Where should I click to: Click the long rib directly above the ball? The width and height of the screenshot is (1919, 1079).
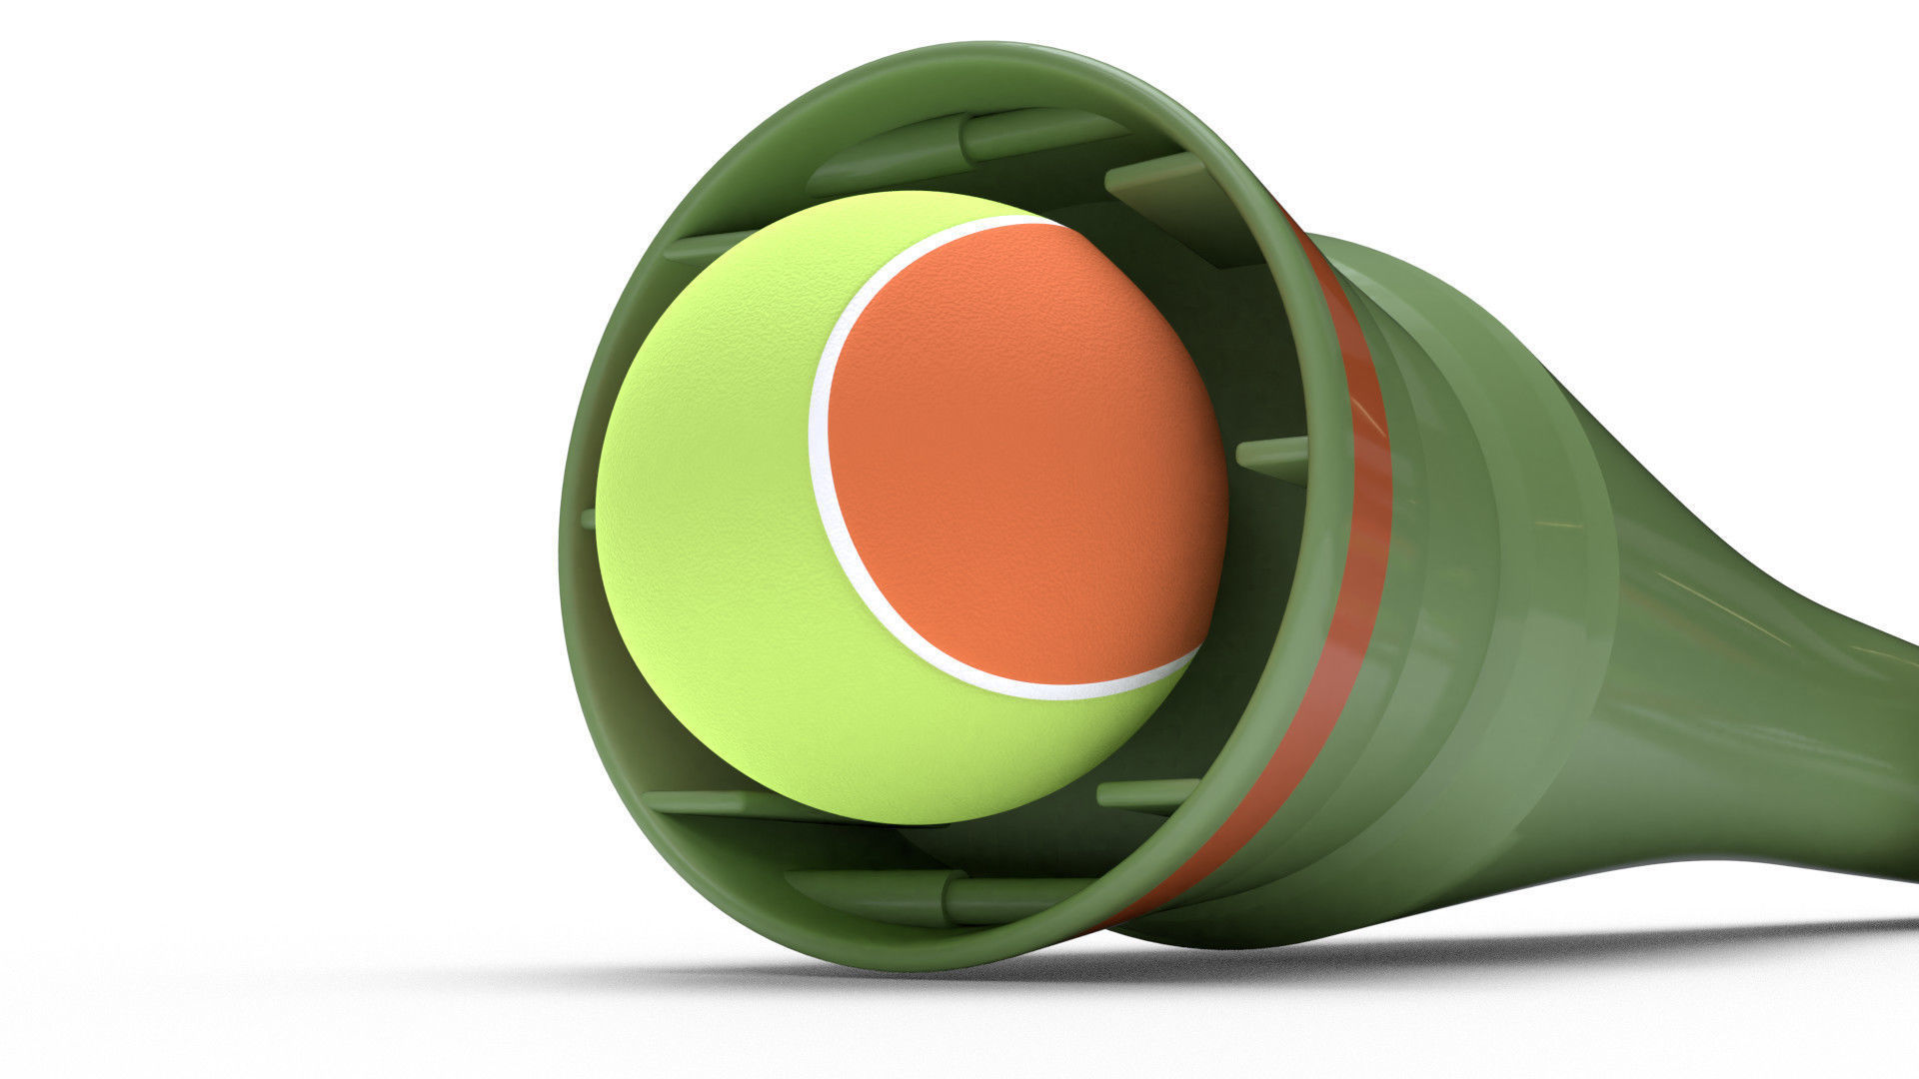tap(1039, 135)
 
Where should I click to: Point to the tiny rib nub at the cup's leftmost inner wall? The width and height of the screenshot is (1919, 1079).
tap(589, 519)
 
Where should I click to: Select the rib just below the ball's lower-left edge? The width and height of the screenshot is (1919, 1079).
tap(720, 801)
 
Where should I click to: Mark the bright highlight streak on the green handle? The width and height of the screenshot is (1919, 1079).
tap(1699, 599)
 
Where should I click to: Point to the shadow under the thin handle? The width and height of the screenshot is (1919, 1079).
tap(1699, 934)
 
